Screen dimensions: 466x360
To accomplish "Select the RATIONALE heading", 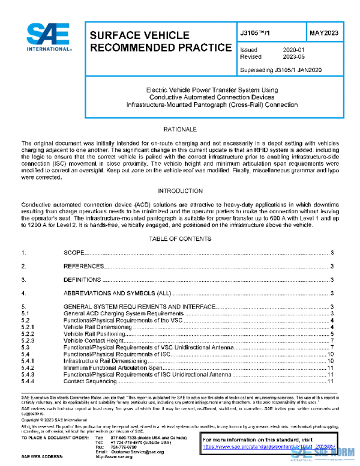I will (180, 130).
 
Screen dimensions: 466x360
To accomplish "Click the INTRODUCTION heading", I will (180, 191).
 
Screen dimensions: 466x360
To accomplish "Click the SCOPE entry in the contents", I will (74, 253).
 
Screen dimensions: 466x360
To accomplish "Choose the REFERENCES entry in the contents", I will (84, 266).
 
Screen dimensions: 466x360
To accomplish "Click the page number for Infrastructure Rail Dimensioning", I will (330, 361).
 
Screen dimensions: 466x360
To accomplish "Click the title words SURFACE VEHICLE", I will (139, 35).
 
